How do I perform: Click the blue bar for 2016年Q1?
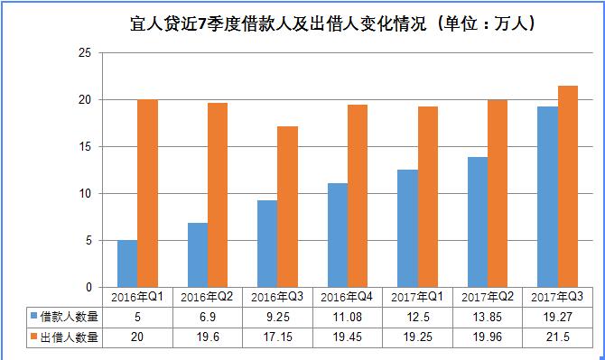point(127,263)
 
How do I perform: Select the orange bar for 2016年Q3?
point(287,207)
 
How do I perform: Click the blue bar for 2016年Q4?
point(337,235)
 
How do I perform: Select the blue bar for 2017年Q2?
point(477,222)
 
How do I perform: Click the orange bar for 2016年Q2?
point(218,195)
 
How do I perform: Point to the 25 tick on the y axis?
point(87,53)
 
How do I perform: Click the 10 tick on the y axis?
point(87,193)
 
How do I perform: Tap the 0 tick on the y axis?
point(90,287)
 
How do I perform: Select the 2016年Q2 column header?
point(207,297)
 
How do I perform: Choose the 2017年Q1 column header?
point(417,297)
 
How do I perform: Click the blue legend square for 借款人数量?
point(33,317)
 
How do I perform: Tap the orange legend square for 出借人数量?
point(33,337)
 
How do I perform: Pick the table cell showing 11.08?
point(348,317)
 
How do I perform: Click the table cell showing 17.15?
point(277,337)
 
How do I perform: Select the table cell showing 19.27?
point(557,317)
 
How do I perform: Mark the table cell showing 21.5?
point(557,337)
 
